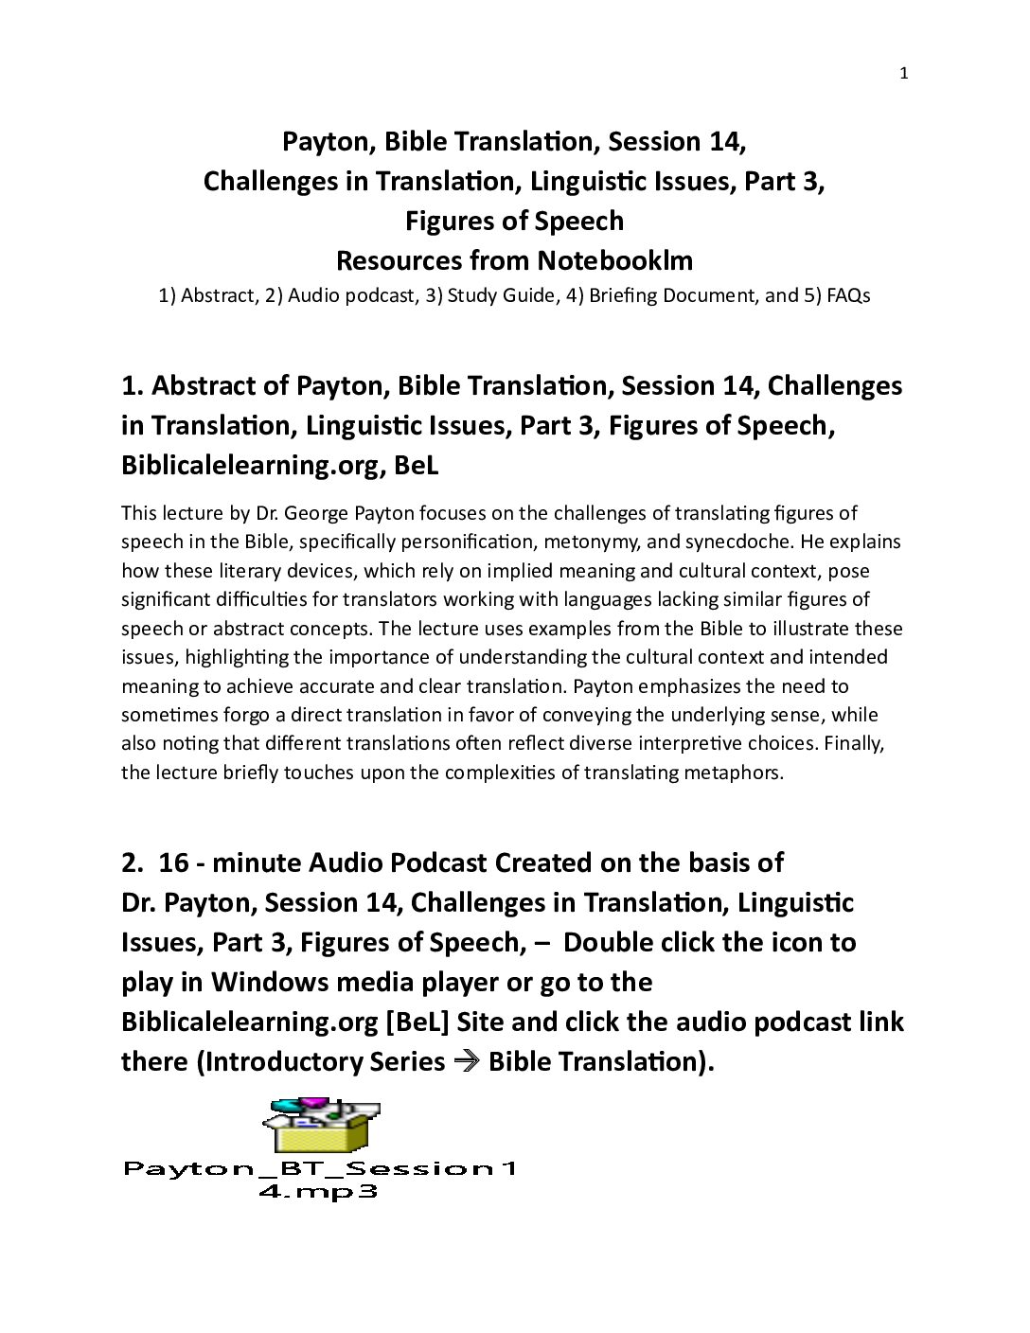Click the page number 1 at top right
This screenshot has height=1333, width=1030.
[903, 74]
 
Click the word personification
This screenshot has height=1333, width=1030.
[465, 542]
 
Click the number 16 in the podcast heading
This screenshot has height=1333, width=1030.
[173, 862]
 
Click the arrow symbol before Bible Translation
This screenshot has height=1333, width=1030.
[466, 1061]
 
